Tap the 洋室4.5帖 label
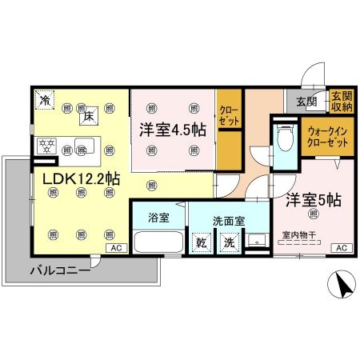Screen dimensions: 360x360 click(173, 128)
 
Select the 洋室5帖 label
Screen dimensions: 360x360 click(304, 198)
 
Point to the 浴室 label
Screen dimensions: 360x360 click(157, 216)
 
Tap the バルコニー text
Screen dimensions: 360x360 click(59, 271)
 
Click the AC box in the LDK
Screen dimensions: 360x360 click(116, 248)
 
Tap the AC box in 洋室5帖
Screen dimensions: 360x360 click(342, 248)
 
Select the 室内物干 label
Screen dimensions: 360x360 click(300, 235)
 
